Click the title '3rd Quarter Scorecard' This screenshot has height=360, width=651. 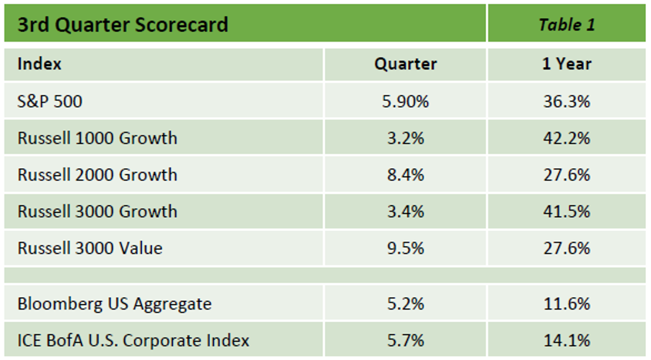[122, 25]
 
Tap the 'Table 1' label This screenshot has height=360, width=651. [566, 24]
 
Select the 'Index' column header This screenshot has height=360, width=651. [39, 64]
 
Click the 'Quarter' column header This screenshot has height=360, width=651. [405, 64]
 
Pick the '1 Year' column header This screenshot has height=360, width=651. [566, 64]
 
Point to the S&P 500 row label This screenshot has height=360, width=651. [50, 102]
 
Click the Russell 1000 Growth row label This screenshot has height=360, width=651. [97, 138]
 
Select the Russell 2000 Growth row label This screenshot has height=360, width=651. [97, 175]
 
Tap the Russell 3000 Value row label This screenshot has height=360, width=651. [90, 249]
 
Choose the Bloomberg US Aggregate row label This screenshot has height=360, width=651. [115, 304]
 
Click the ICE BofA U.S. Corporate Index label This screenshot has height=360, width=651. [133, 341]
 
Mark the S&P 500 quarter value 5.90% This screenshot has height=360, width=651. [405, 102]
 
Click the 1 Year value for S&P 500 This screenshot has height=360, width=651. [566, 102]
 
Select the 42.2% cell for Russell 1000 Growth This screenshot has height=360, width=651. [566, 138]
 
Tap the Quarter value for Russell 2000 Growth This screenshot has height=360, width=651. [405, 175]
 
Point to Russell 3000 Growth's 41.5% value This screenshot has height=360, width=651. [566, 212]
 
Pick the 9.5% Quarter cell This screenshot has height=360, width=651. [405, 249]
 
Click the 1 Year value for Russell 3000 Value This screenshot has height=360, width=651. [566, 249]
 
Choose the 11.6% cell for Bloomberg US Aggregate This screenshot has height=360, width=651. [566, 304]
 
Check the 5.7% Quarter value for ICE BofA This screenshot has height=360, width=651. [405, 341]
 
